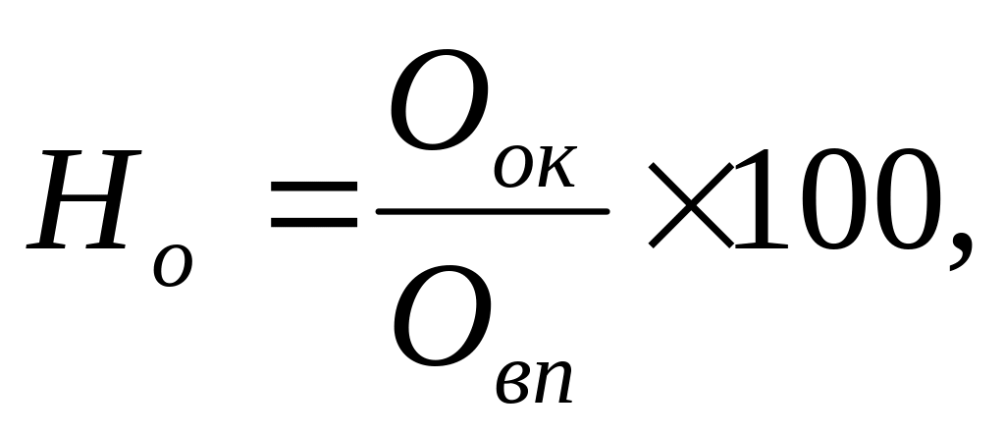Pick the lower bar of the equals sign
click(x=314, y=225)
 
